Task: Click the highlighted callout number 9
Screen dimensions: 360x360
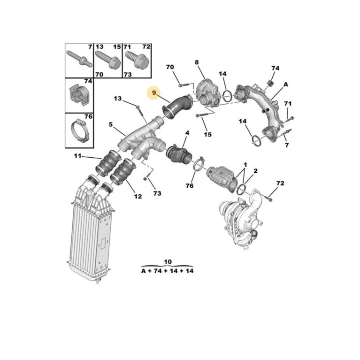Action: point(154,93)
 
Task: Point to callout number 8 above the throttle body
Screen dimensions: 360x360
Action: point(197,62)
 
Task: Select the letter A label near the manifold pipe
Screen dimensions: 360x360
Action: point(286,84)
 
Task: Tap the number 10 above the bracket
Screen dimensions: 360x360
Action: point(168,262)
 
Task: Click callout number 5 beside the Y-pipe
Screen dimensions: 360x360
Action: point(111,125)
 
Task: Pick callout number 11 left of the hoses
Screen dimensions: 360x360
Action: point(77,156)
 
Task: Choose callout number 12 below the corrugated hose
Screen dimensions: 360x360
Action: point(138,197)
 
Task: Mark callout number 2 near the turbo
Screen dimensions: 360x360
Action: point(255,171)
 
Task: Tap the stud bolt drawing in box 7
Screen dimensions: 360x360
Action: point(79,59)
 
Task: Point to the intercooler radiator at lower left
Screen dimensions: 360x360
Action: point(91,232)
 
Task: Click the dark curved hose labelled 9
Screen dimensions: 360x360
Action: point(177,107)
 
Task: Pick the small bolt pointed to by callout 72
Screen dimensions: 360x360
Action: point(269,198)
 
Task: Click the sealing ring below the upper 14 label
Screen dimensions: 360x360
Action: point(227,96)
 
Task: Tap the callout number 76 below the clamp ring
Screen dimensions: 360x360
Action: point(190,185)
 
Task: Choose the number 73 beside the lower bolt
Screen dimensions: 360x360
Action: point(157,193)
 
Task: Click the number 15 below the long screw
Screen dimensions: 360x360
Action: point(207,134)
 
